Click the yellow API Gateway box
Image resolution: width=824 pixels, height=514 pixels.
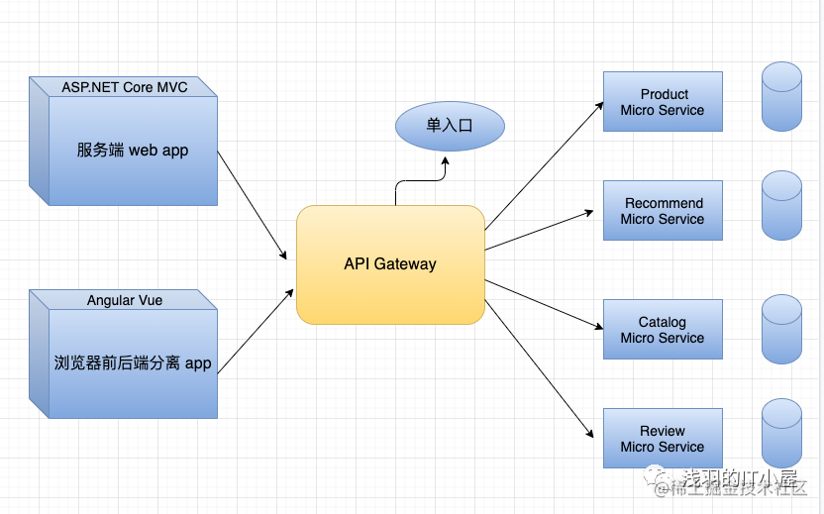click(x=390, y=264)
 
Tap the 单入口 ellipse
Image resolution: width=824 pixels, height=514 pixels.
click(x=450, y=126)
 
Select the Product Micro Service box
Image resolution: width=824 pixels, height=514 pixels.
click(x=663, y=101)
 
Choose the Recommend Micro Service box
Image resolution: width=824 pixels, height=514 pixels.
click(x=663, y=210)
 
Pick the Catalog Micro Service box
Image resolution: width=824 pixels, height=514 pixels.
click(x=663, y=330)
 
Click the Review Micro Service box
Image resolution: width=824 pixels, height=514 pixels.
click(x=663, y=439)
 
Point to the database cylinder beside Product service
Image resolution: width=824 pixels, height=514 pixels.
click(x=782, y=97)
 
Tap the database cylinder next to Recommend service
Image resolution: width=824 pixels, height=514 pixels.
click(x=782, y=205)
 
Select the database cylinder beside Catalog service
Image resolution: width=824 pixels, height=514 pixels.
click(x=782, y=330)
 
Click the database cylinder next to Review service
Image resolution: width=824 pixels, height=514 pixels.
click(x=782, y=434)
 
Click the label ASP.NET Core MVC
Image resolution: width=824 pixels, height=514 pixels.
click(x=125, y=87)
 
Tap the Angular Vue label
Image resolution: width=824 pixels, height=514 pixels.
click(x=125, y=300)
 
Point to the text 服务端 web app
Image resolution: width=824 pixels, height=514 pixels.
click(x=133, y=151)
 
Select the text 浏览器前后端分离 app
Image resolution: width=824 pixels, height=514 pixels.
click(x=133, y=363)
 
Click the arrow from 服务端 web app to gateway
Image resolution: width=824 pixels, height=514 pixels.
click(x=252, y=205)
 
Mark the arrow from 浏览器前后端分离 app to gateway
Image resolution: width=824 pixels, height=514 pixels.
click(x=256, y=332)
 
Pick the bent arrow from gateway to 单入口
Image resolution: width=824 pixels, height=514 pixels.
click(x=420, y=181)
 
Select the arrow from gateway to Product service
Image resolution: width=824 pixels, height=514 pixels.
click(x=544, y=165)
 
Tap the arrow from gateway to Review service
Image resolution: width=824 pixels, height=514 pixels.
click(x=539, y=369)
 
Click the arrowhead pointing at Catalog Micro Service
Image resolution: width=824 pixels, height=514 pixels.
click(x=598, y=327)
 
